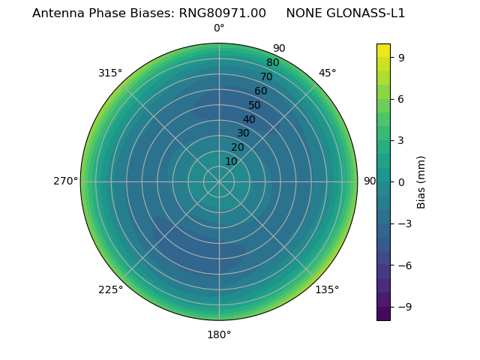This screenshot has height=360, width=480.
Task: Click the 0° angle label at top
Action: (219, 28)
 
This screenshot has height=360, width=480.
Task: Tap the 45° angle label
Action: (327, 73)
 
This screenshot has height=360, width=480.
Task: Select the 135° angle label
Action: (327, 289)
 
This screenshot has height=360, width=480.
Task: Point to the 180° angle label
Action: (219, 334)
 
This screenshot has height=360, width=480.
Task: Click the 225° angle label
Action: (110, 289)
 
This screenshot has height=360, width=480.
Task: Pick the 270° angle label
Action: (65, 181)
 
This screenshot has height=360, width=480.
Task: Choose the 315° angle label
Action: (110, 73)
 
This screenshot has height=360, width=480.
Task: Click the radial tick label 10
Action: (231, 161)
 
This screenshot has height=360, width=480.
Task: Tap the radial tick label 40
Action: (249, 119)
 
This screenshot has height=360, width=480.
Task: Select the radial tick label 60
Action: (260, 91)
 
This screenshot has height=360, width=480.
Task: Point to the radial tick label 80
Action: (272, 63)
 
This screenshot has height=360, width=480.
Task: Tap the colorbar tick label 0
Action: (403, 181)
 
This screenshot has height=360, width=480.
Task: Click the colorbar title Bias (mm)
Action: (421, 181)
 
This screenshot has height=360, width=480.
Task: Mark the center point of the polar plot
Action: (219, 181)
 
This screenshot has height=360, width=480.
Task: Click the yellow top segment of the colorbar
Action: (383, 49)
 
